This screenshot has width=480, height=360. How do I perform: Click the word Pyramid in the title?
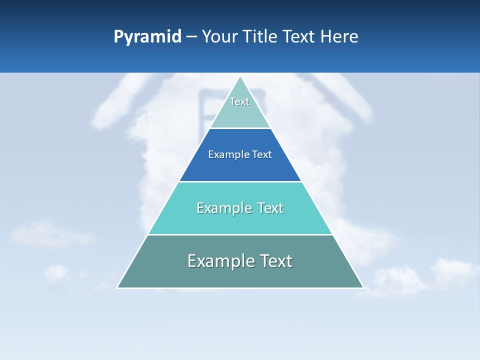point(147,37)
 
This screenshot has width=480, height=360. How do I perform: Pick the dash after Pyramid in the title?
point(191,37)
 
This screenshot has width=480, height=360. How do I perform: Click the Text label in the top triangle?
point(239,101)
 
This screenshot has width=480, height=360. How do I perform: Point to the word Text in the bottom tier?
point(275,261)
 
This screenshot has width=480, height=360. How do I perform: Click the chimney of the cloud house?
point(204,107)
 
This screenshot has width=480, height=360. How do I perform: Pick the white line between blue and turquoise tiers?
point(240,181)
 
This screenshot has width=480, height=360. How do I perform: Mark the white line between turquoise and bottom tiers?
point(240,234)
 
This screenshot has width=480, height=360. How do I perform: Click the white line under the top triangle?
point(240,128)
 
